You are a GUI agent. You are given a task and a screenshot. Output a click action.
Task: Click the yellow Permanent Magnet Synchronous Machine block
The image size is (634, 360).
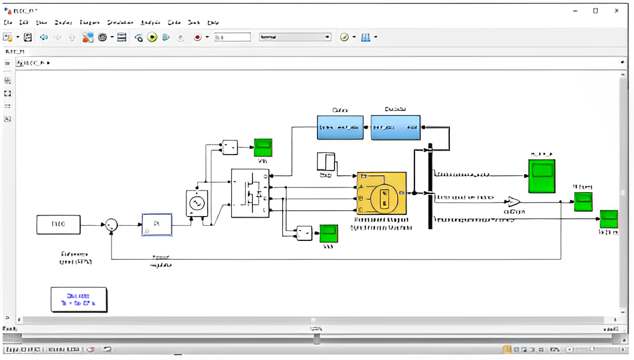click(x=381, y=193)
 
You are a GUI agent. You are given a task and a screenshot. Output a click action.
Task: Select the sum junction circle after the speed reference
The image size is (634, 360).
click(x=111, y=225)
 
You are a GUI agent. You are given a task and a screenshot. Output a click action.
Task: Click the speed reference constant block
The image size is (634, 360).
click(x=58, y=224)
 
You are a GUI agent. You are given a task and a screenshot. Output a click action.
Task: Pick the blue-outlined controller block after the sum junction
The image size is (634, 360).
click(x=157, y=224)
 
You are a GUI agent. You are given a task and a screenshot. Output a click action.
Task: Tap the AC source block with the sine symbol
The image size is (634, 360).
click(x=196, y=203)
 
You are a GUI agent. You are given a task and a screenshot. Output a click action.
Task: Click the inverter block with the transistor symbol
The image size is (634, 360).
click(x=250, y=193)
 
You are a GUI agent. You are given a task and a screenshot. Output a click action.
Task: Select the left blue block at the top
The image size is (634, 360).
click(x=340, y=127)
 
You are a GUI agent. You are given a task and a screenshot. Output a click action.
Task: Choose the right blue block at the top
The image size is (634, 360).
click(x=395, y=127)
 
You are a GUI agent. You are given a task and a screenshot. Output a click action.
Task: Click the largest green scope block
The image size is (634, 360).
click(x=541, y=175)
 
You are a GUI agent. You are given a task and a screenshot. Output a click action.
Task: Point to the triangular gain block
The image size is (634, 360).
click(x=513, y=201)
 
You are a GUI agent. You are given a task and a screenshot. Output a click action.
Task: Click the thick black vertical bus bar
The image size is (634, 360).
click(x=430, y=186)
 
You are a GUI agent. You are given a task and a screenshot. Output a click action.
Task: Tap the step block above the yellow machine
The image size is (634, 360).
click(x=326, y=161)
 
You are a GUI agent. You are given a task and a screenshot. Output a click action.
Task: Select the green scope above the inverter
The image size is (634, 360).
click(x=263, y=147)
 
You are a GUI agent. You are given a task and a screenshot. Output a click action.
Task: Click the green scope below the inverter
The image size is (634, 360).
click(x=329, y=233)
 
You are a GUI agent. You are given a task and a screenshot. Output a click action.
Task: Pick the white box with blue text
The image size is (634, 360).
click(x=78, y=299)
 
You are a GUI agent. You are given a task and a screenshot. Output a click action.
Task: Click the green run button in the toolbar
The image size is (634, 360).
click(x=152, y=37)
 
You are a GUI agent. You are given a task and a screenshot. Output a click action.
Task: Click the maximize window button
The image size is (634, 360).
click(x=595, y=10)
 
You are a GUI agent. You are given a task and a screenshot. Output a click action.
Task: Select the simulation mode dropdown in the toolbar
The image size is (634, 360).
click(x=295, y=37)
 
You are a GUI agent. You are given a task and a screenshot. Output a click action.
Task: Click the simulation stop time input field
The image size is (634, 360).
click(x=232, y=37)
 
